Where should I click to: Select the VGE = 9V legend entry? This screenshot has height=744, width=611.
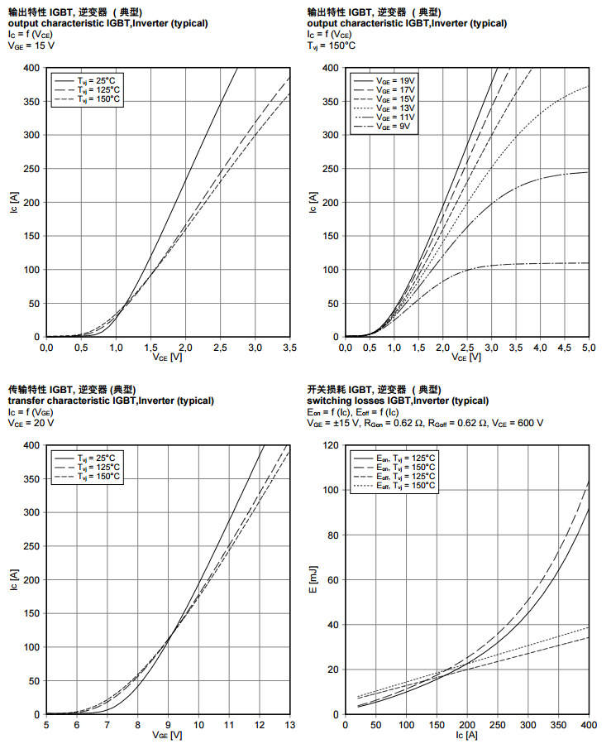point(393,127)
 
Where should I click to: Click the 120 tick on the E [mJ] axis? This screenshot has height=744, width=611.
point(332,446)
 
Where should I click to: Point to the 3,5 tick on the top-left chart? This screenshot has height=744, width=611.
point(290,348)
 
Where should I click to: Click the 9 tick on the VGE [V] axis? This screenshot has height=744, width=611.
point(168,725)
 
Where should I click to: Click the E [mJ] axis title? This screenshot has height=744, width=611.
point(312,580)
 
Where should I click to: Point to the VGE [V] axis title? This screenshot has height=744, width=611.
point(168,735)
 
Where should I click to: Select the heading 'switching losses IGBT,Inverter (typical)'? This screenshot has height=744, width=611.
point(408,401)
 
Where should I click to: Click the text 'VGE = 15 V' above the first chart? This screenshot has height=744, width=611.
point(31,46)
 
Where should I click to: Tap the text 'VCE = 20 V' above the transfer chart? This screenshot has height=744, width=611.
point(31,423)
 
